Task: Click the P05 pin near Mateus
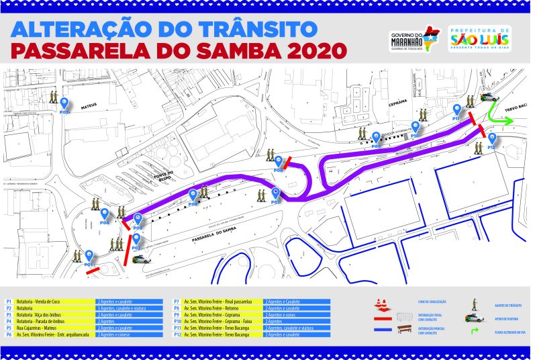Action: tap(65, 104)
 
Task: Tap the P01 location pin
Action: tap(89, 257)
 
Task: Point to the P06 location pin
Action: tap(193, 196)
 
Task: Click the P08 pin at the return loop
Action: tap(279, 162)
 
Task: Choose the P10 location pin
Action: tap(416, 127)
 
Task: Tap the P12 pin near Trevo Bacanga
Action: tap(492, 139)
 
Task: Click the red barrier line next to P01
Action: tap(93, 271)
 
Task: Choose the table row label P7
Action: tap(176, 302)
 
